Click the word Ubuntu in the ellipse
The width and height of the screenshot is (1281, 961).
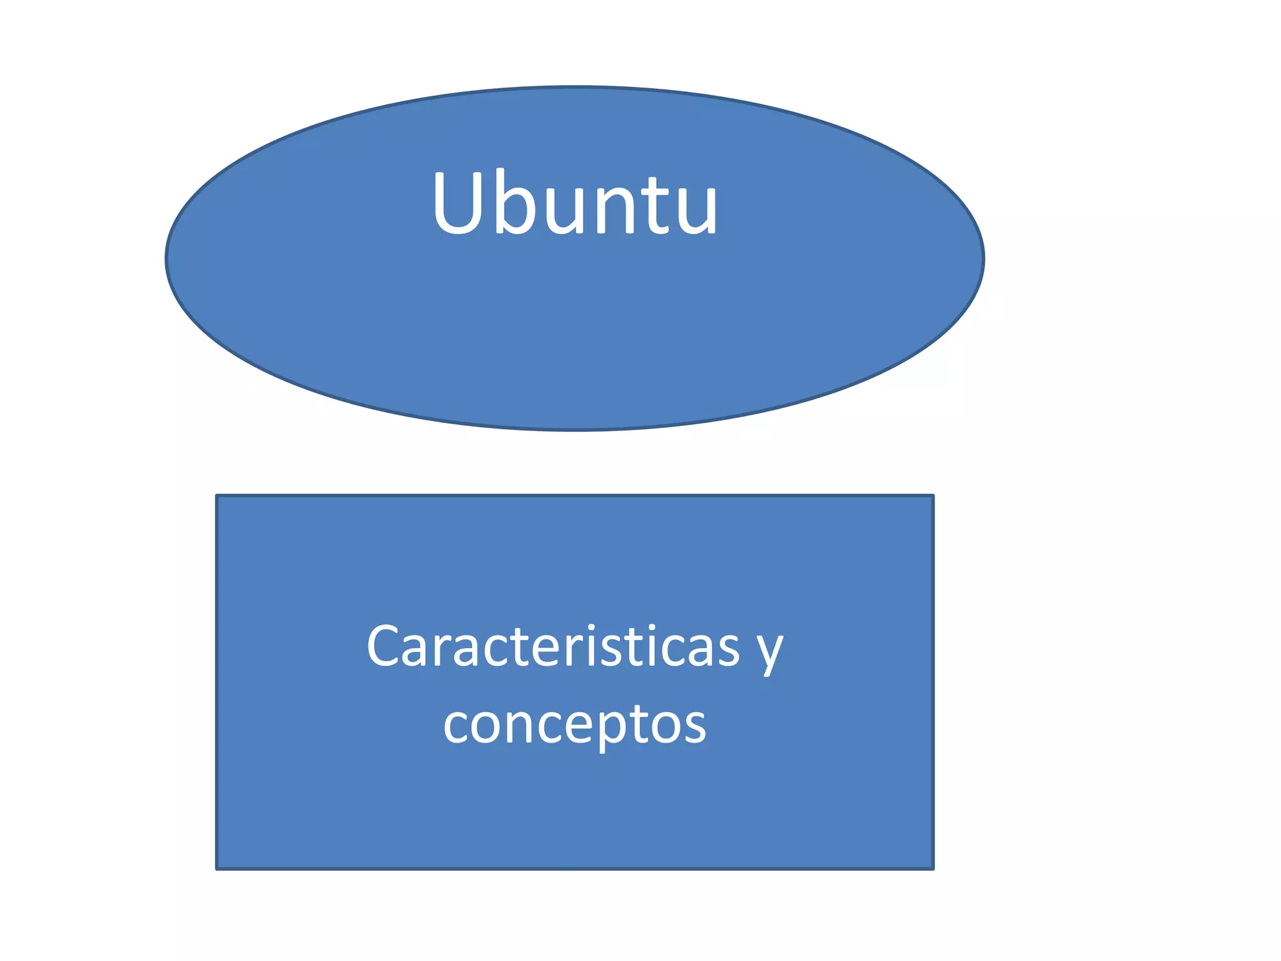click(x=575, y=203)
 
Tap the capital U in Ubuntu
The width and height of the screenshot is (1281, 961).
click(x=461, y=203)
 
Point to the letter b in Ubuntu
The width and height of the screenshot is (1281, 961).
click(x=519, y=201)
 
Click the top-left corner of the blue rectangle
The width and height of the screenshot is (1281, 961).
click(x=216, y=496)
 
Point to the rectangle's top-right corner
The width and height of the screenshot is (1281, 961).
click(x=933, y=496)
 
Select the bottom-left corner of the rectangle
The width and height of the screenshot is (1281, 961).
click(x=216, y=869)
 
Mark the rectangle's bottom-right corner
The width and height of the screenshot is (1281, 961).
click(x=933, y=869)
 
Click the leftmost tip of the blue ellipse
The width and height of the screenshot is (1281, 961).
click(x=166, y=258)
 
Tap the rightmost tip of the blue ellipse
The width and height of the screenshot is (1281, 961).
click(x=984, y=258)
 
